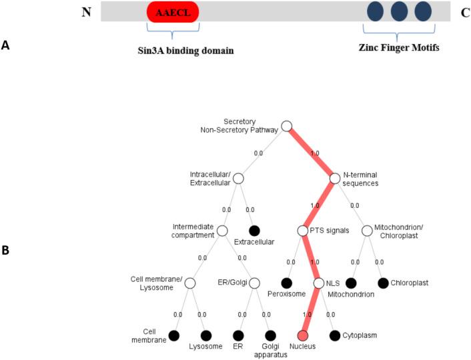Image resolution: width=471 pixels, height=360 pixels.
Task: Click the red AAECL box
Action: [x=173, y=12]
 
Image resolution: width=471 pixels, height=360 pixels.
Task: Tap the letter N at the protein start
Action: [x=85, y=12]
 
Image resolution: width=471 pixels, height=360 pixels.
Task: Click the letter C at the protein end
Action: [x=446, y=12]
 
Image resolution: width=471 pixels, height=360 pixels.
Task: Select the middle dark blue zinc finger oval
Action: [x=399, y=11]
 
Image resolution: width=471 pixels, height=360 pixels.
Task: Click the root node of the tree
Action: [x=287, y=126]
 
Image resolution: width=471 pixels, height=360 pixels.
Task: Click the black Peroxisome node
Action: [x=286, y=283]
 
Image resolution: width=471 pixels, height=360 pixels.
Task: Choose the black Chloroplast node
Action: [x=383, y=283]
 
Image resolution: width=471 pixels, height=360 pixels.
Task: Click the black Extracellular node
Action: [x=254, y=231]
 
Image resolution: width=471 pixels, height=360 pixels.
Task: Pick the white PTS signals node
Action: [x=302, y=231]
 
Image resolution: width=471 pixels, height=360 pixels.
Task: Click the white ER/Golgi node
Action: [x=254, y=283]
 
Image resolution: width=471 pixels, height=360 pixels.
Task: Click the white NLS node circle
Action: [x=318, y=283]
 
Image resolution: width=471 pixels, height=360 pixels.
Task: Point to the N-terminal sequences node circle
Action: [x=335, y=179]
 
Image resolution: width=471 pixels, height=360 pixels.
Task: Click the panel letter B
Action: [x=5, y=251]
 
